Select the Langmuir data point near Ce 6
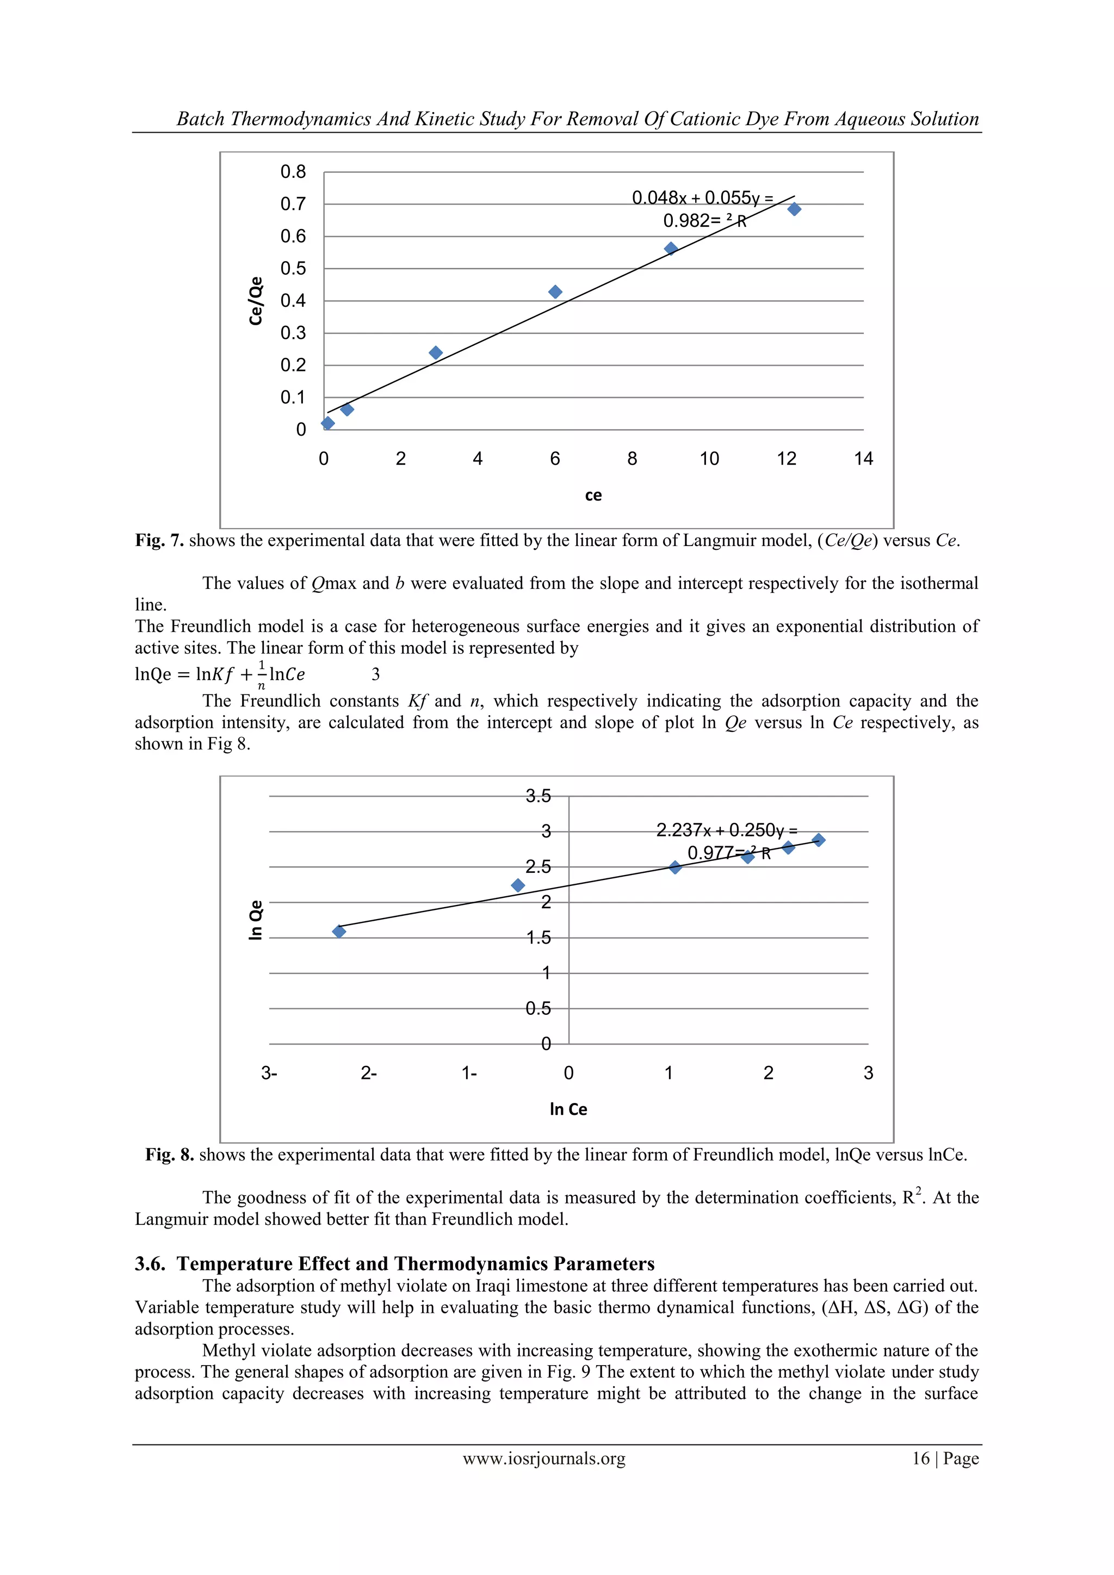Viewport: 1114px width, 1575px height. (555, 292)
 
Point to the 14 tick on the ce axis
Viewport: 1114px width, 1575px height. (863, 459)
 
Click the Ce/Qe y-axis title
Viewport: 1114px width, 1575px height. (256, 300)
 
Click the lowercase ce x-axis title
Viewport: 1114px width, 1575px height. (593, 495)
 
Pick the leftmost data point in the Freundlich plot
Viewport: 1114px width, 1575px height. (339, 931)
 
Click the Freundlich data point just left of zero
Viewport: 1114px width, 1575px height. (518, 885)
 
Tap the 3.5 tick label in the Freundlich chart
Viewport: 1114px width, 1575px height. (538, 796)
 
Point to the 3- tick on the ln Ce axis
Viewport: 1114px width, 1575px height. (269, 1073)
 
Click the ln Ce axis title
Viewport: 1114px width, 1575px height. (568, 1109)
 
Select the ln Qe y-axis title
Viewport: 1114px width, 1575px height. (256, 919)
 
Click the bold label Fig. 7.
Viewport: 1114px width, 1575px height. (159, 541)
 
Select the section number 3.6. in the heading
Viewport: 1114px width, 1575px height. (150, 1263)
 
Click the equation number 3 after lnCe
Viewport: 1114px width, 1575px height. (375, 674)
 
